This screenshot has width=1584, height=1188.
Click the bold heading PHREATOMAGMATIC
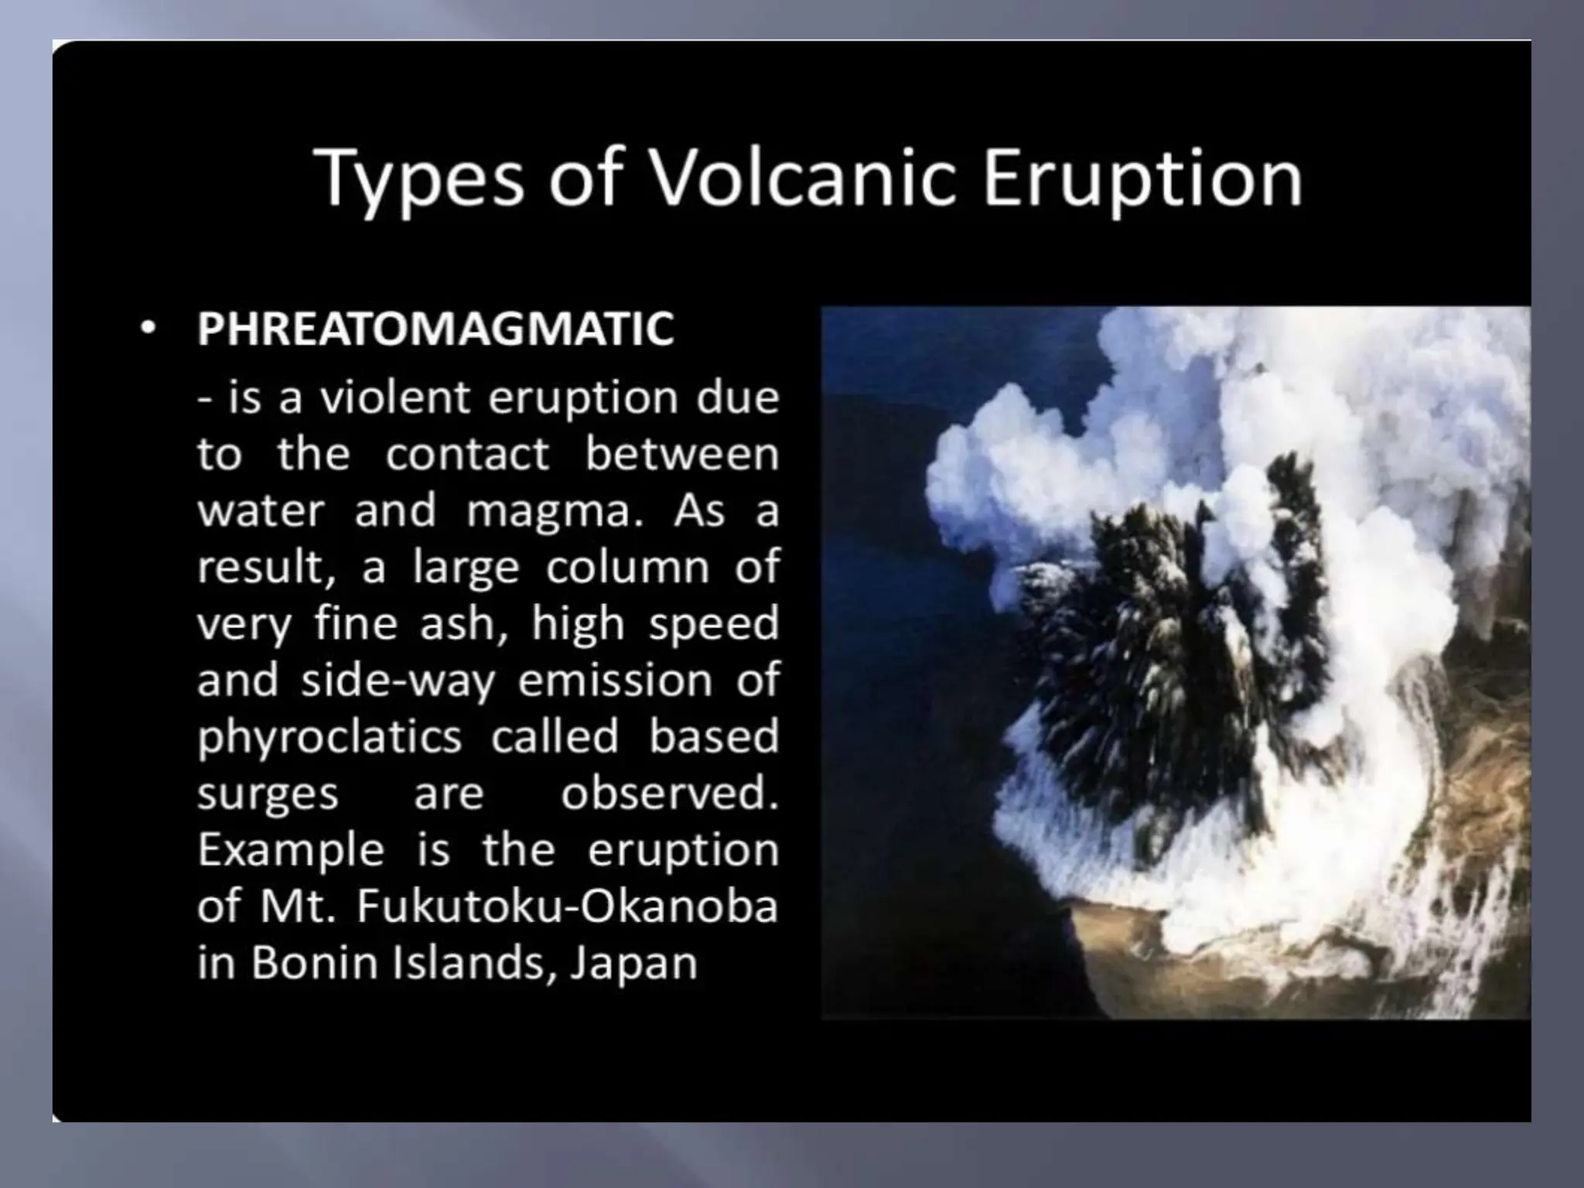coord(435,329)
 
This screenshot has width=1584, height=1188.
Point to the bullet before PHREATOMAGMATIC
coord(148,329)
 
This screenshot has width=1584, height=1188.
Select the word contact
coord(467,454)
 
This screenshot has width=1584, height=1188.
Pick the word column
coord(627,568)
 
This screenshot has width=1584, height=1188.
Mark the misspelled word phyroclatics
coord(329,737)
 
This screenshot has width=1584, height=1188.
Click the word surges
coord(268,794)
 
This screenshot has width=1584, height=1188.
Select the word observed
coord(669,793)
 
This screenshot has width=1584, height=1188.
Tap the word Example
coord(291,851)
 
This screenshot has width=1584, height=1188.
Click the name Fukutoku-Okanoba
coord(566,906)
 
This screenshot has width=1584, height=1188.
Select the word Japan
coord(633,964)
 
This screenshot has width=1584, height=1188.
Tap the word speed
coord(713,624)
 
